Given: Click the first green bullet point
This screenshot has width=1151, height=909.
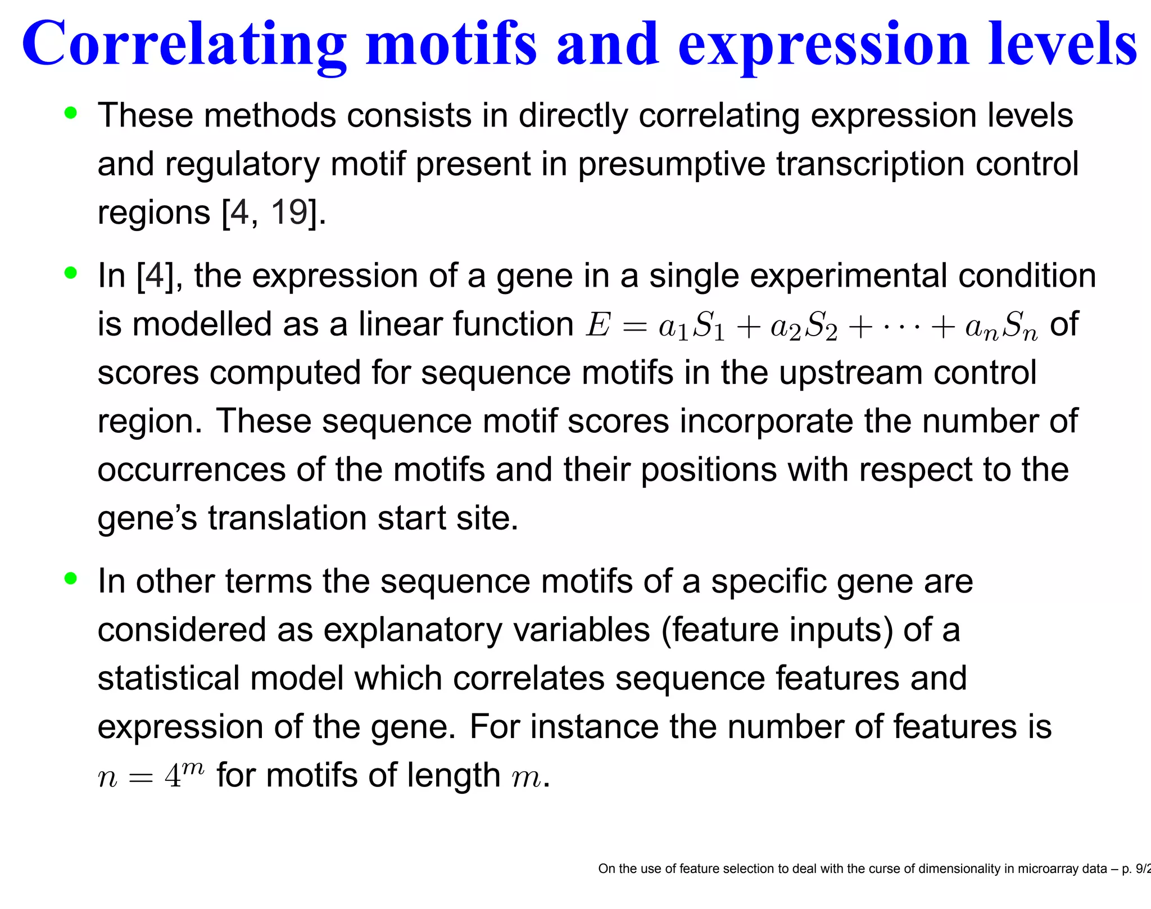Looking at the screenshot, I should [x=71, y=113].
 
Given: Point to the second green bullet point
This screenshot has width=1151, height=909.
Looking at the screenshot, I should [x=71, y=273].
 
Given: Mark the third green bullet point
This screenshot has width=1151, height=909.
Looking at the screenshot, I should [x=71, y=578].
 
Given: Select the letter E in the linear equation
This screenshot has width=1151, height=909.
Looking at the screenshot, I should [x=597, y=325].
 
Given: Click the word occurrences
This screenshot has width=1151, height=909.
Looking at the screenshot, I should [x=192, y=470].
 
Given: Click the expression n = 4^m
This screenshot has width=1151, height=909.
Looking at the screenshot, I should [x=151, y=776].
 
